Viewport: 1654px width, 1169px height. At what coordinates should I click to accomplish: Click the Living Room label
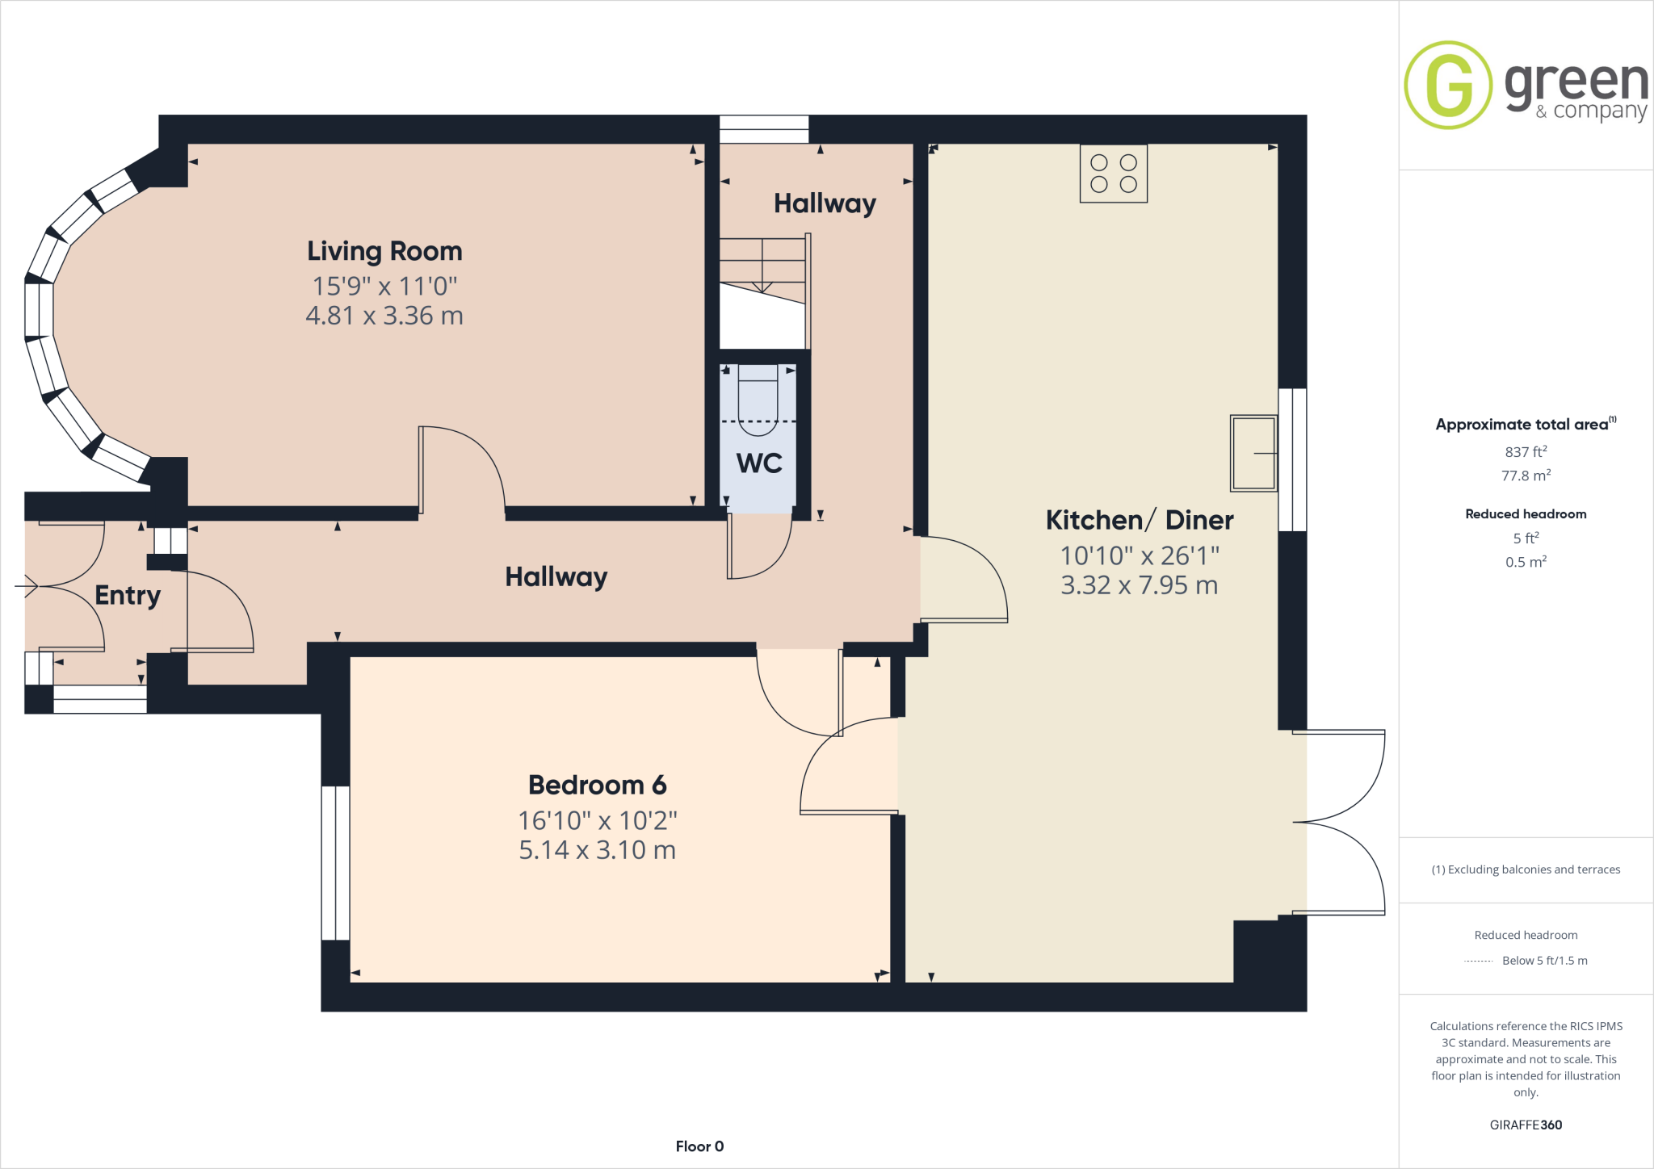pyautogui.click(x=384, y=251)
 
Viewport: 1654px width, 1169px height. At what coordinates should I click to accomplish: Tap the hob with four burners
pyautogui.click(x=1113, y=174)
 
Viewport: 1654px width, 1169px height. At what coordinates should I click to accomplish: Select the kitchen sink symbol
pyautogui.click(x=1253, y=453)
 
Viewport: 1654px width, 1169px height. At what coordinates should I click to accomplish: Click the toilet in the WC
pyautogui.click(x=758, y=400)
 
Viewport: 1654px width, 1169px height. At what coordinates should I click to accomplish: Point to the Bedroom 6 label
pyautogui.click(x=597, y=785)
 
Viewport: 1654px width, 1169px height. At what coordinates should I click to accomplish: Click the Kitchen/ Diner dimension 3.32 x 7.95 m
pyautogui.click(x=1139, y=585)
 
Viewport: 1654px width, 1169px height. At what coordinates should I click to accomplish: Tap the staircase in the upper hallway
pyautogui.click(x=763, y=274)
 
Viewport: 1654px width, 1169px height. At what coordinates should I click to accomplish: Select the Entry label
pyautogui.click(x=128, y=595)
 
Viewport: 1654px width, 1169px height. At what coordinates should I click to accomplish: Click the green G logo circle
pyautogui.click(x=1448, y=85)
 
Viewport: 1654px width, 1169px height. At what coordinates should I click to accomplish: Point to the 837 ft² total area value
pyautogui.click(x=1526, y=452)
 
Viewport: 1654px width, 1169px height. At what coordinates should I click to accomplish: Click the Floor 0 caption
pyautogui.click(x=699, y=1146)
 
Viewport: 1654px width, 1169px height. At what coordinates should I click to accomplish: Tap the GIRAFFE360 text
pyautogui.click(x=1526, y=1125)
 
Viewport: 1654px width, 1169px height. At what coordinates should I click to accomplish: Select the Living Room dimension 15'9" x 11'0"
pyautogui.click(x=384, y=286)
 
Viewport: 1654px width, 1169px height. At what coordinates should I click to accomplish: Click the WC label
pyautogui.click(x=759, y=463)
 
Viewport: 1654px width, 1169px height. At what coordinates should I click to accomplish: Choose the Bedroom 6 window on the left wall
pyautogui.click(x=335, y=863)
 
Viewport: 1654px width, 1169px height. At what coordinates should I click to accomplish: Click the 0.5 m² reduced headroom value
pyautogui.click(x=1526, y=562)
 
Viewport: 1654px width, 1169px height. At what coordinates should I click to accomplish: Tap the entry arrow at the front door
pyautogui.click(x=27, y=585)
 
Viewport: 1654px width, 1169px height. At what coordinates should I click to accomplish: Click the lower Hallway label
pyautogui.click(x=556, y=577)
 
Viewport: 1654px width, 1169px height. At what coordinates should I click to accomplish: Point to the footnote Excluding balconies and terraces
pyautogui.click(x=1526, y=869)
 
